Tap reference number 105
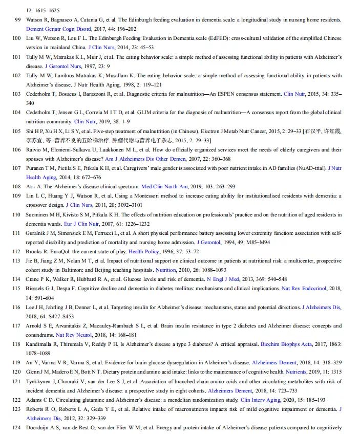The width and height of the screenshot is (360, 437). pos(16,132)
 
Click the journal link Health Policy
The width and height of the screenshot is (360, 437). pos(143,251)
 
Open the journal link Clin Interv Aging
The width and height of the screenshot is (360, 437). pos(259,400)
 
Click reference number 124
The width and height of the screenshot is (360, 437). pos(16,427)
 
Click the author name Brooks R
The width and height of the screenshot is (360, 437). pos(37,251)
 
